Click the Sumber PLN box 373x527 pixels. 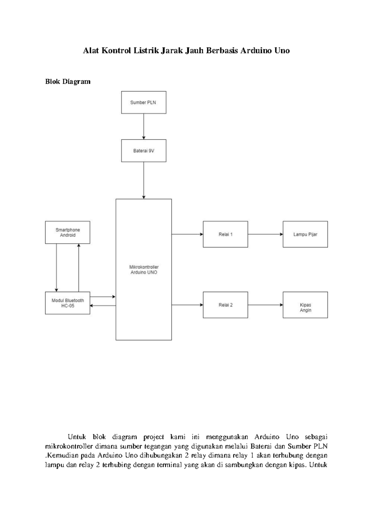pos(144,102)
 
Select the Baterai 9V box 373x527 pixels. pos(144,151)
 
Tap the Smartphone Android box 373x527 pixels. pos(67,232)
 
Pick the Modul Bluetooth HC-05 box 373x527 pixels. pos(67,303)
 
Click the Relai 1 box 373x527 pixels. pos(225,234)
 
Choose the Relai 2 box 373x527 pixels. pos(225,305)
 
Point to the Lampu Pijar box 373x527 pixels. pos(305,234)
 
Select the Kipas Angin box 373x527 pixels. pos(305,305)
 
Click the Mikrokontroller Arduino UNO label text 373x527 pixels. pos(144,270)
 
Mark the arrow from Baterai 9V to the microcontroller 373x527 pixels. pos(144,180)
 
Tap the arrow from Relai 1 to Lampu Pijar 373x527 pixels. pos(265,234)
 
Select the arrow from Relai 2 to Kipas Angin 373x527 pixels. pos(265,305)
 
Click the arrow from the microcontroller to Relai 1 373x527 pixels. pos(187,234)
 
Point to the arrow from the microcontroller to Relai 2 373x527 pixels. pos(187,305)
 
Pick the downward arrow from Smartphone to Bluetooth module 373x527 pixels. pos(57,268)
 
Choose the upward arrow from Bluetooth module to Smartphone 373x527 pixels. pos(79,268)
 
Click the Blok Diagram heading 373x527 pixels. pos(68,82)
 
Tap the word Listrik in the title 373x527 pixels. pos(146,51)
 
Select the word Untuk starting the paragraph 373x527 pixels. pos(77,437)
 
